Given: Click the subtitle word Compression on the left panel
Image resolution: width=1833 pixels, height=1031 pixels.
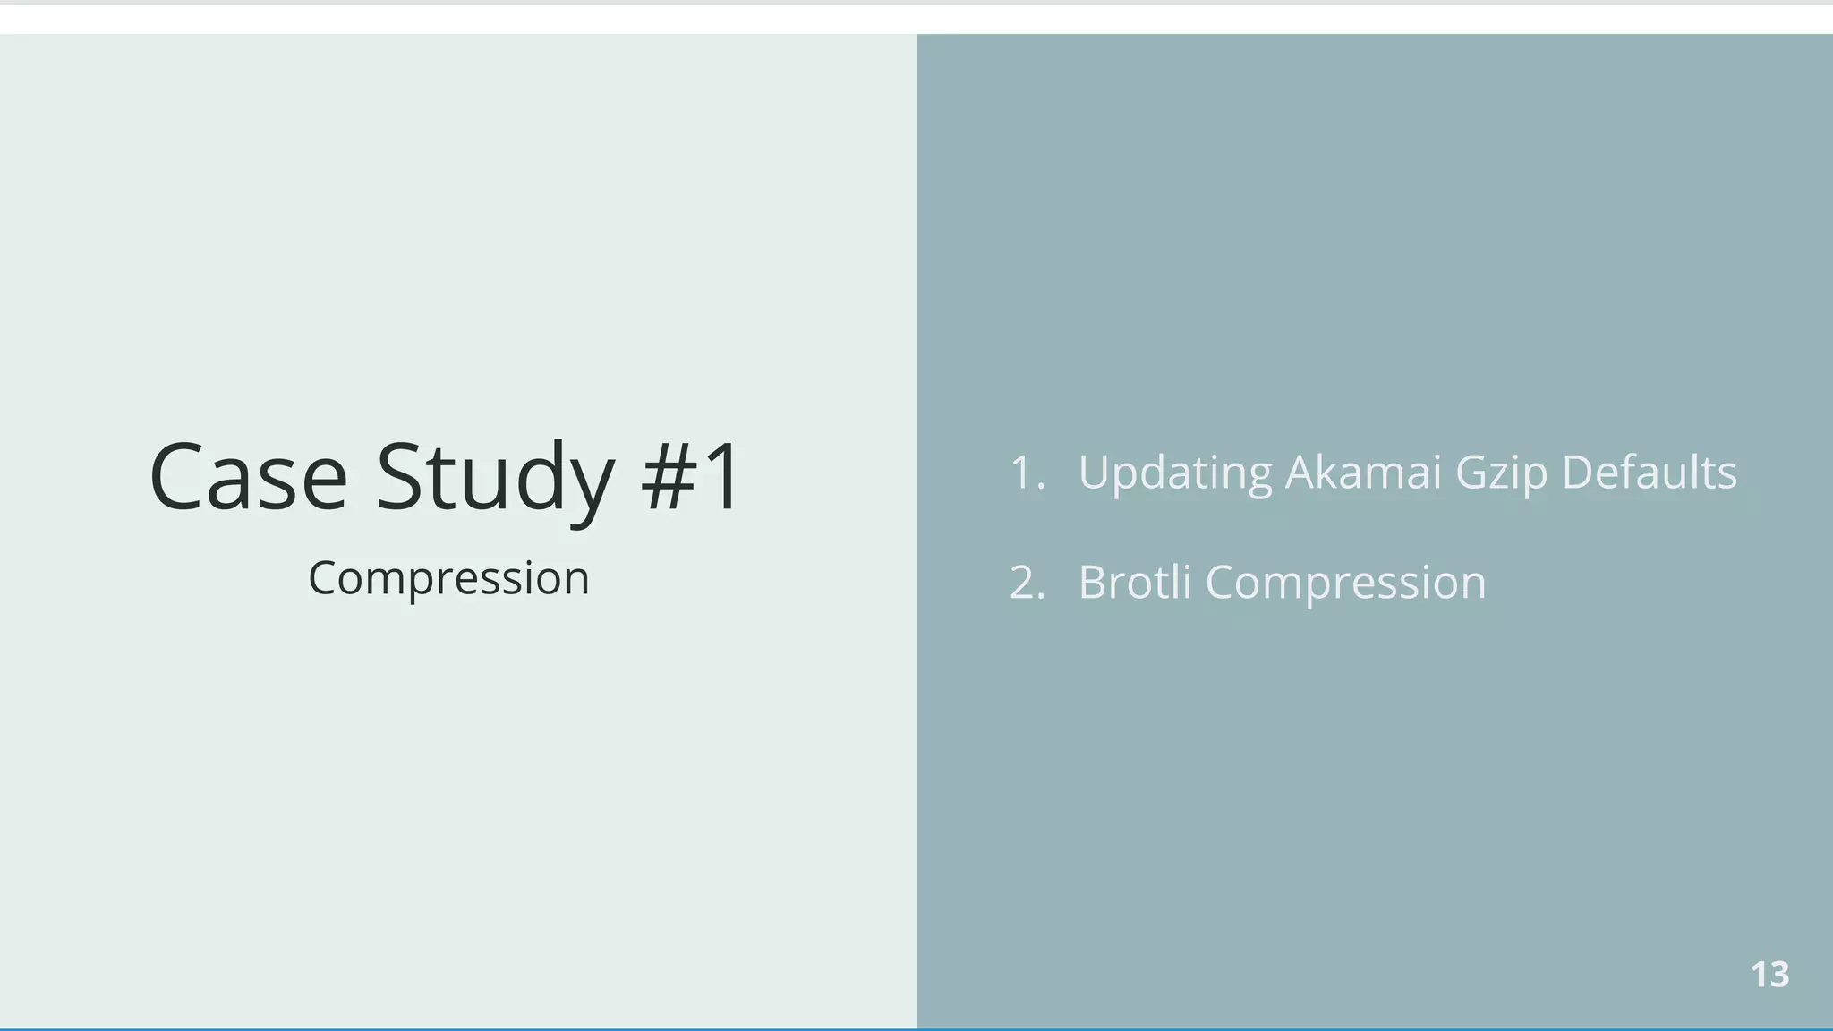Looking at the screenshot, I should tap(448, 578).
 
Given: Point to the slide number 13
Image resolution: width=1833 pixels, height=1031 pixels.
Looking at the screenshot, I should tap(1769, 975).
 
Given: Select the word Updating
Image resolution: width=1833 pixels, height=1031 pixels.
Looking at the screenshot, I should tap(1174, 473).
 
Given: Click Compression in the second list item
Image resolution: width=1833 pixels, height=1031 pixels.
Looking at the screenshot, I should tap(1345, 583).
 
